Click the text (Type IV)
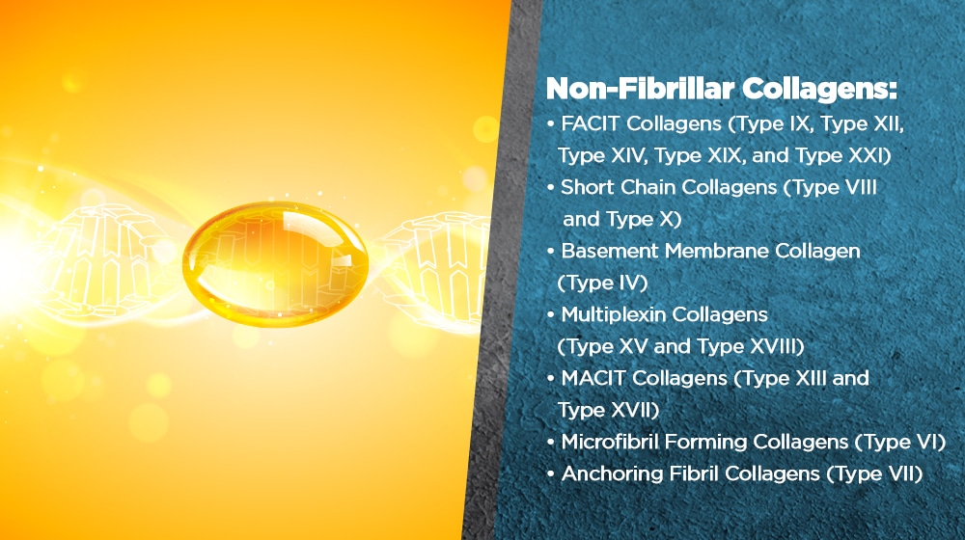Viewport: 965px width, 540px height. pyautogui.click(x=602, y=283)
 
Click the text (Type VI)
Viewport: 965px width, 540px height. pyautogui.click(x=900, y=443)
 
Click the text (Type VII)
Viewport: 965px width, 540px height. pyautogui.click(x=874, y=473)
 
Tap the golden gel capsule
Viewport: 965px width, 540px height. pyautogui.click(x=275, y=263)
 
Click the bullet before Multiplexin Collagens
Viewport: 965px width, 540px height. pyautogui.click(x=551, y=315)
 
